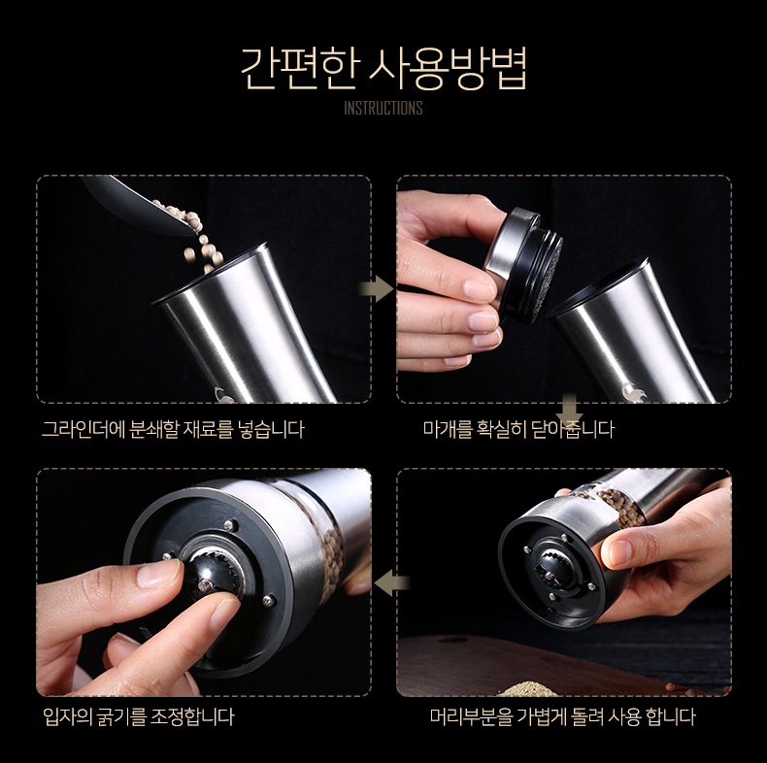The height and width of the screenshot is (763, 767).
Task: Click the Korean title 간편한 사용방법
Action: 383,69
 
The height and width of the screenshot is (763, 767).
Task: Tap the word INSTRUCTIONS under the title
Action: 383,108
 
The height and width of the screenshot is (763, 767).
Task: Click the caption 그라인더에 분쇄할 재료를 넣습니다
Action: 173,429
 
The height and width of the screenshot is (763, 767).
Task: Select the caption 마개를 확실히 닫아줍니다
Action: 518,429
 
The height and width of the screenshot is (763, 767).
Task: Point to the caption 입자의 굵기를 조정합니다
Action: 139,717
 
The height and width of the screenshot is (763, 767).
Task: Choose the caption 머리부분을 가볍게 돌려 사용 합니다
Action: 562,717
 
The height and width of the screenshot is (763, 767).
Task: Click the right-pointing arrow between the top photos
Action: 376,289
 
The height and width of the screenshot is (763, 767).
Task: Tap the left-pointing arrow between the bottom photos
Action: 391,582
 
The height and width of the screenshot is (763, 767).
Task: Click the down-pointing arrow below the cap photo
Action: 569,409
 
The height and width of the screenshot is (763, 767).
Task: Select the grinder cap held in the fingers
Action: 523,264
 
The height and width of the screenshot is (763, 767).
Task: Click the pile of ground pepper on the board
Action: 528,688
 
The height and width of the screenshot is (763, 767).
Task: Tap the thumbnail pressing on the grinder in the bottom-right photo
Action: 619,551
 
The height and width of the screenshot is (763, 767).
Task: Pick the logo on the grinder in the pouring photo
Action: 225,394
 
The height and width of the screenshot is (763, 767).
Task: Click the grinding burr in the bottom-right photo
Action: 552,567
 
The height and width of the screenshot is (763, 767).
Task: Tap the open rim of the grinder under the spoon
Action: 211,275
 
